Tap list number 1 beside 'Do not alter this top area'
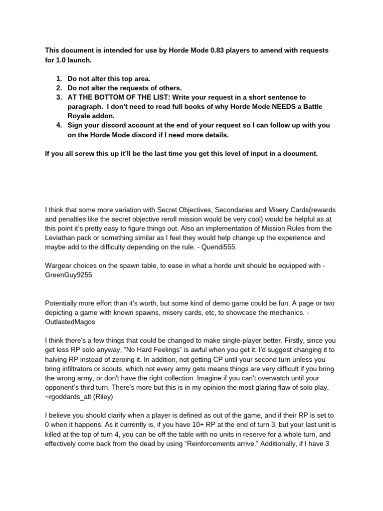point(59,79)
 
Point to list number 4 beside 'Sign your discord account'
point(59,125)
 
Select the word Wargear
point(59,266)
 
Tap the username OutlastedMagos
point(70,322)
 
